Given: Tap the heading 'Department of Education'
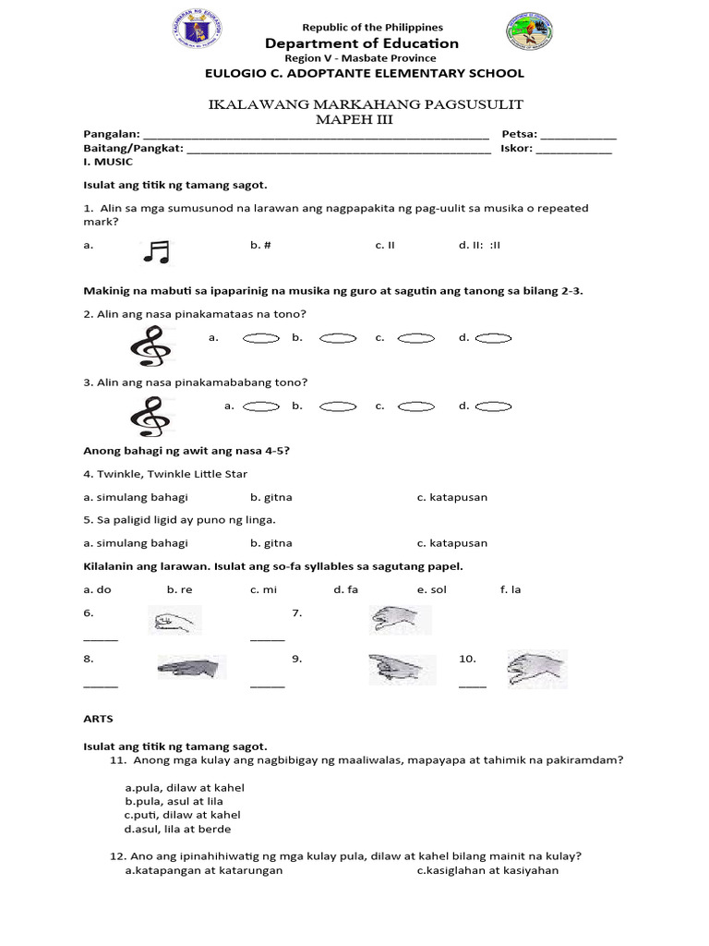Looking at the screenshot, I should click(x=361, y=43).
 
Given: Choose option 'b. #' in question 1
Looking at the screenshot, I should click(x=260, y=246).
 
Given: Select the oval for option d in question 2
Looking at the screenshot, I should click(x=493, y=338).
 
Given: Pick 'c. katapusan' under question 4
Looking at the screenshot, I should click(x=451, y=497).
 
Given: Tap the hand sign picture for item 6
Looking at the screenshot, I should click(x=175, y=620).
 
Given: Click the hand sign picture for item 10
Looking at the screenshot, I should click(x=536, y=669).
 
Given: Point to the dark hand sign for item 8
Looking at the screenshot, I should click(x=190, y=667).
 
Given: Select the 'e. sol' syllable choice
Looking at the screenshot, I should click(x=429, y=589).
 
